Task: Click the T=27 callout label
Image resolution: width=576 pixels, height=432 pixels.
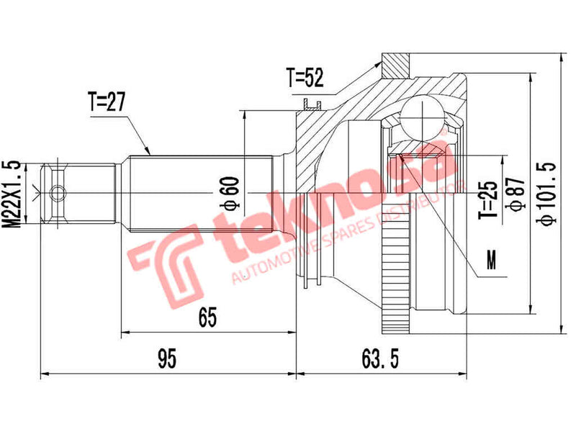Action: point(107,103)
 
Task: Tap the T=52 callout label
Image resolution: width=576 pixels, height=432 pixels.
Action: point(305,78)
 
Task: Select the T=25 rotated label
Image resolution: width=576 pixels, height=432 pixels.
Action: point(489,200)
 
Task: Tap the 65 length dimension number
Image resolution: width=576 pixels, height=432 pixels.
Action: point(207,316)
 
